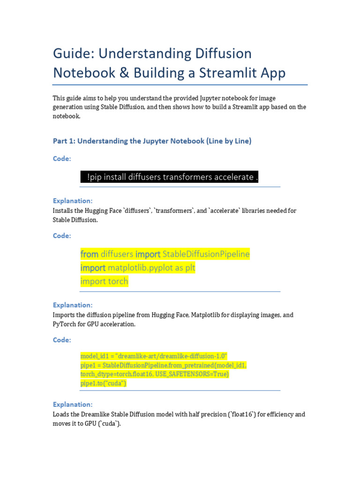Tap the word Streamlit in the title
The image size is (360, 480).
pos(228,73)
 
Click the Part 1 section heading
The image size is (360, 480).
pos(152,141)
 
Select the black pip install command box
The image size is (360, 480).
pos(169,177)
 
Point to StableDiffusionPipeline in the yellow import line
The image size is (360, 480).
pos(206,254)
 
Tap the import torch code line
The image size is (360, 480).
pos(104,281)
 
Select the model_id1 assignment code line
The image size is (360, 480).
pos(154,356)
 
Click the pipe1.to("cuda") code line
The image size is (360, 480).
pos(103,383)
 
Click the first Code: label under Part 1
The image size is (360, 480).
pos(62,159)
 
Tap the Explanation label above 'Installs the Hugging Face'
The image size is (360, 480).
pos(73,201)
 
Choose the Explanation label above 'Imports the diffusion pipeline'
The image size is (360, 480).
pos(73,305)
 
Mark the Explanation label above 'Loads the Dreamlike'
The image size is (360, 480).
pos(73,405)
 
